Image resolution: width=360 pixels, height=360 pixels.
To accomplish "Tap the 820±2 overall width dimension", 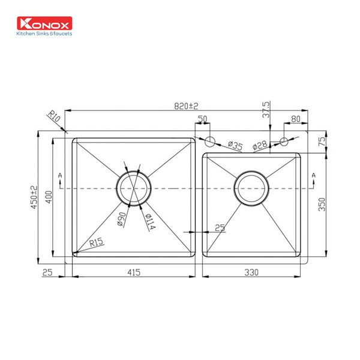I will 186,106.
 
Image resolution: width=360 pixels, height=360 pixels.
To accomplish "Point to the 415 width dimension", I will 133,272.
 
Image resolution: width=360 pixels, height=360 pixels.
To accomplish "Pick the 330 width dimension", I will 251,272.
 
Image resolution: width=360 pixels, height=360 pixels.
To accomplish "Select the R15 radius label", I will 96,244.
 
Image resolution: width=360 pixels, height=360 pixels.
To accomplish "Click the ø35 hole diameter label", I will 235,146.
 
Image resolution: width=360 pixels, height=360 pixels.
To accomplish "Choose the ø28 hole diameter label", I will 260,146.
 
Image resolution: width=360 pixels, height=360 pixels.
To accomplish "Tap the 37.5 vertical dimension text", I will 266,110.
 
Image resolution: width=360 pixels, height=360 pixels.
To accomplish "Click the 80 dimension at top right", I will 295,119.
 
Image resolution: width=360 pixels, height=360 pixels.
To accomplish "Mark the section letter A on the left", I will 60,175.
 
